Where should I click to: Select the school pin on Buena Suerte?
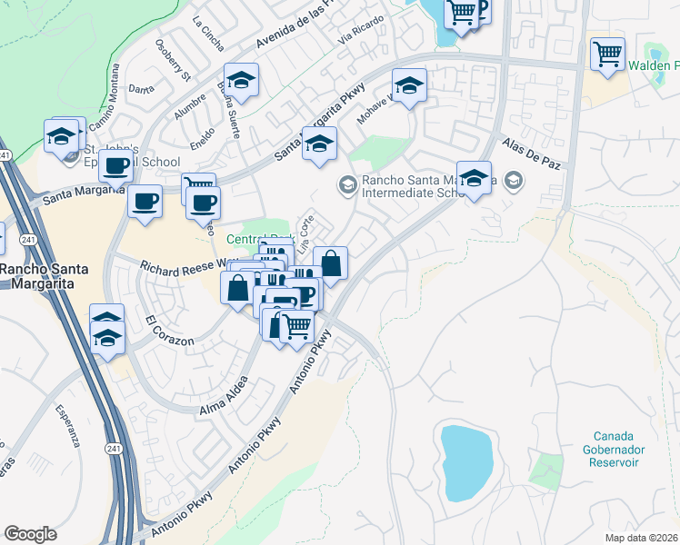241,81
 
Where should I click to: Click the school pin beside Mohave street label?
409,86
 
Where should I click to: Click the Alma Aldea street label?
223,397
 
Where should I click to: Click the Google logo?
30,534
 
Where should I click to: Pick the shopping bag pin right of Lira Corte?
331,263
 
